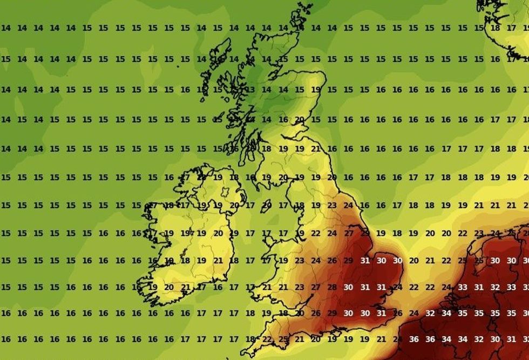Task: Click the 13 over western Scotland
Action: point(250,90)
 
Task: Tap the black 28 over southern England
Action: point(332,287)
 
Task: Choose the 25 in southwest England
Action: point(283,339)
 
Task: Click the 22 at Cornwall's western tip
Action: point(267,339)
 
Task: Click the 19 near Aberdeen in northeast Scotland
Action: point(316,90)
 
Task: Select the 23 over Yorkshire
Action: point(332,206)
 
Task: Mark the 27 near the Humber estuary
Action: point(349,233)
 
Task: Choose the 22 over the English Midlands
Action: point(316,233)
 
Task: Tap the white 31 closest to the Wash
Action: point(365,261)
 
